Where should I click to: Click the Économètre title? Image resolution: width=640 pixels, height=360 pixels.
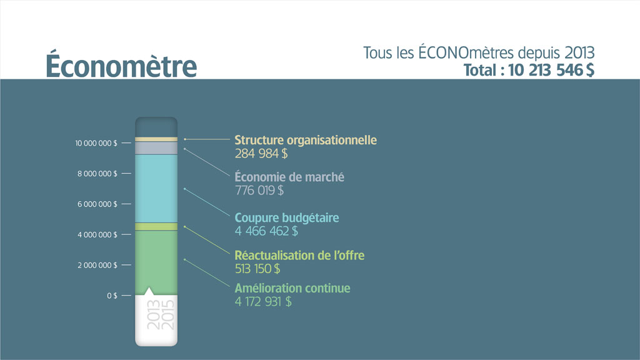click(x=121, y=64)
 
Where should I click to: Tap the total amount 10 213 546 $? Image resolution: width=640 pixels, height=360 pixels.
click(x=551, y=70)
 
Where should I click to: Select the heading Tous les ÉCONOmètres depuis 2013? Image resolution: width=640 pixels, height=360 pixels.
click(x=479, y=53)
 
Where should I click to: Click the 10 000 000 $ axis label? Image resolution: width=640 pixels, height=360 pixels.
click(x=96, y=143)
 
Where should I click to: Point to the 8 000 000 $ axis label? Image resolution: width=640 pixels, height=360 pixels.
click(x=97, y=174)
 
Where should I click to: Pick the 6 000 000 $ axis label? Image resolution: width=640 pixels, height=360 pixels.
click(x=97, y=204)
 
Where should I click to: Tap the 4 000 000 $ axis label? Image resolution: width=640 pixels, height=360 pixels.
click(x=97, y=235)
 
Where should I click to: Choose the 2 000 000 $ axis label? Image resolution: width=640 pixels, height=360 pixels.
click(x=97, y=265)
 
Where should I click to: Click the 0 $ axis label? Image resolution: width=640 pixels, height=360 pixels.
click(x=112, y=296)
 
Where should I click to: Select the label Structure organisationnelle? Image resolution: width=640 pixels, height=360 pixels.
click(x=306, y=140)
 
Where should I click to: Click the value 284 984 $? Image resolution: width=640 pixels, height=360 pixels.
click(x=261, y=154)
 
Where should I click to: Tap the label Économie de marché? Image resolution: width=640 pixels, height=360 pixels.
click(x=289, y=177)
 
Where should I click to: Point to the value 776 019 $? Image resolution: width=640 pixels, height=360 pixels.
click(x=259, y=191)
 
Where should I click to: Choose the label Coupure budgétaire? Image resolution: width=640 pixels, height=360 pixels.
click(x=287, y=218)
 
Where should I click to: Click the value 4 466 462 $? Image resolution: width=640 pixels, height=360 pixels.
click(x=266, y=231)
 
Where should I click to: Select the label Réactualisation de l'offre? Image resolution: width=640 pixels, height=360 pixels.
click(x=299, y=256)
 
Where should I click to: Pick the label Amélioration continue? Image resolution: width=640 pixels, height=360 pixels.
click(x=292, y=288)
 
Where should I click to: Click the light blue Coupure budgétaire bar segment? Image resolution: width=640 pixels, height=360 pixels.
click(x=156, y=189)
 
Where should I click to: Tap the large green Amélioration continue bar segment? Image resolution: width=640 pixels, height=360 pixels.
click(x=156, y=262)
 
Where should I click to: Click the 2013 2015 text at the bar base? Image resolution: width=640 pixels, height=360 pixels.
click(x=161, y=315)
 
